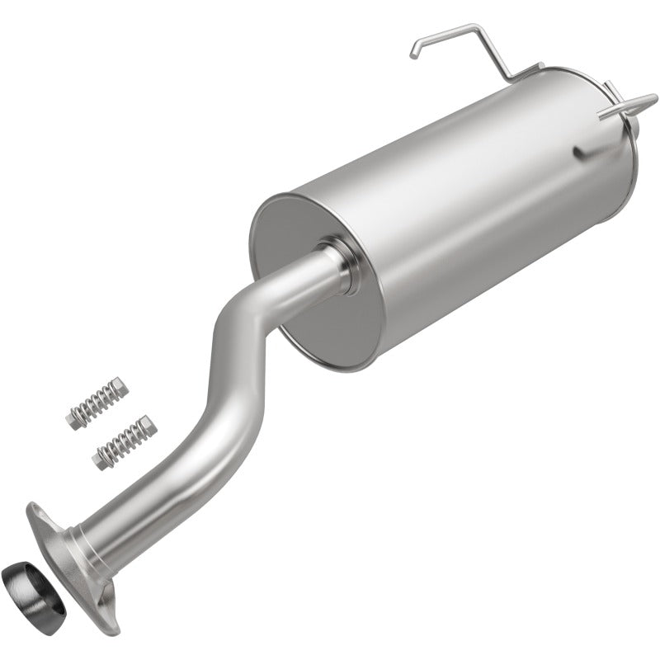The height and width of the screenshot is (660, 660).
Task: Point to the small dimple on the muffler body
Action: click(580, 153)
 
